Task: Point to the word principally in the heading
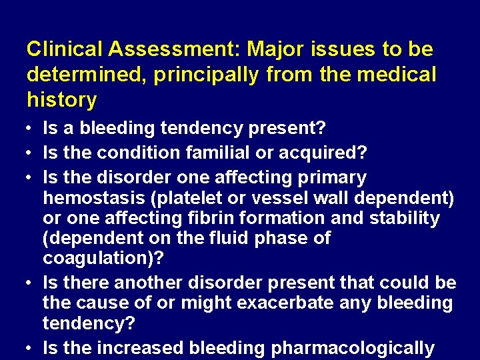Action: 205,75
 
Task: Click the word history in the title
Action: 61,100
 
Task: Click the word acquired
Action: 330,153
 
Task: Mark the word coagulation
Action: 96,257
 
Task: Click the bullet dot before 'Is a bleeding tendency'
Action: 31,127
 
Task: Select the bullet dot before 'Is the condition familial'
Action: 31,153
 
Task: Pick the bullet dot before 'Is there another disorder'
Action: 31,283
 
